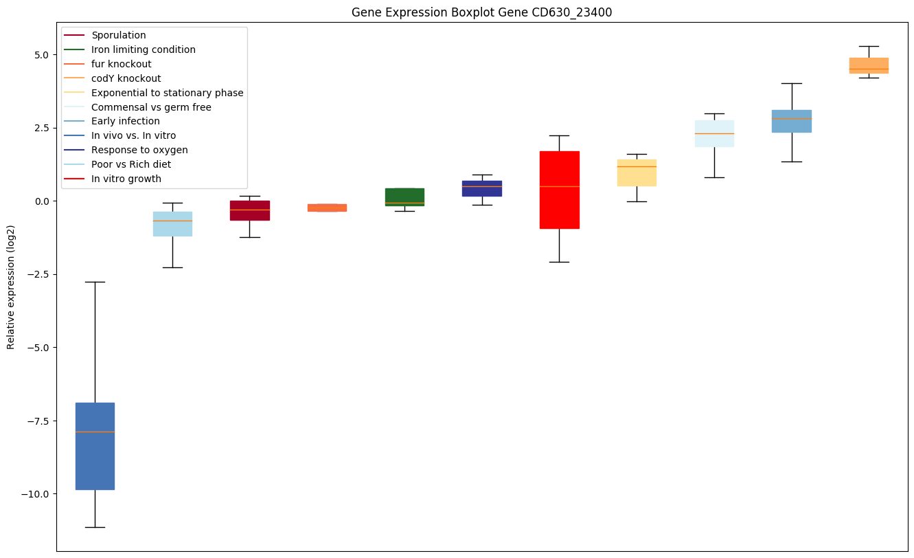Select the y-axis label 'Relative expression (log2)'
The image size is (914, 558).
[x=11, y=287]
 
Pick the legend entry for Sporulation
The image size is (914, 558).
[x=118, y=35]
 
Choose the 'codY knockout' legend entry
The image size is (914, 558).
[x=126, y=78]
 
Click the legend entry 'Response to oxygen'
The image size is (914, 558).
[x=139, y=150]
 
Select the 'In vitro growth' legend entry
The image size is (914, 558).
[x=126, y=179]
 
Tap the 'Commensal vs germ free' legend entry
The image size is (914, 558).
[x=151, y=107]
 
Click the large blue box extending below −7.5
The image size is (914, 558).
[x=95, y=446]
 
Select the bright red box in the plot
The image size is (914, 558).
[x=559, y=190]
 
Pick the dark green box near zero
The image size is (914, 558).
[x=404, y=197]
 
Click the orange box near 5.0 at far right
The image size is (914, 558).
[x=869, y=65]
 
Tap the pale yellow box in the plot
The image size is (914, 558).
[x=637, y=172]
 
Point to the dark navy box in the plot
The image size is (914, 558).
[x=482, y=188]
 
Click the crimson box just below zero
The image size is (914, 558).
[x=249, y=210]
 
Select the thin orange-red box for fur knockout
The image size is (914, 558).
[x=327, y=208]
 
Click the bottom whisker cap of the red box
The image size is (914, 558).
[x=559, y=262]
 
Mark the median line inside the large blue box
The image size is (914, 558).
[x=95, y=432]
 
